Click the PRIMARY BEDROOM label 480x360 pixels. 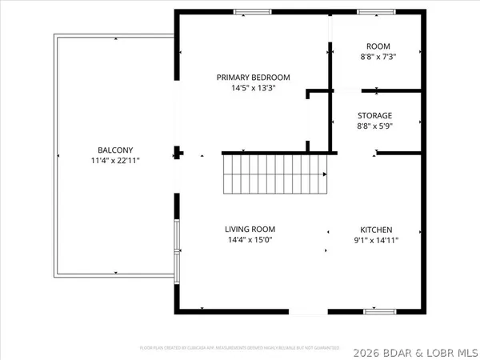point(253,78)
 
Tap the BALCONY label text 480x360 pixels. point(110,150)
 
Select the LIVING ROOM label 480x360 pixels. point(255,229)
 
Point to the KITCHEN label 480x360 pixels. point(375,229)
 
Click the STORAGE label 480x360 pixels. point(374,115)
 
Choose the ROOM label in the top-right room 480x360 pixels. point(378,46)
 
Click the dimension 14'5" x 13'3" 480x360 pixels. point(253,89)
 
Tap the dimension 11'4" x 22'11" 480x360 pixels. point(110,161)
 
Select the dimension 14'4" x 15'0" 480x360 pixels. point(255,240)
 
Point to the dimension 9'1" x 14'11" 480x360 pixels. point(375,240)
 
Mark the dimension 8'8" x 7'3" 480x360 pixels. point(378,58)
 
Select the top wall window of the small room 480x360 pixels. point(370,12)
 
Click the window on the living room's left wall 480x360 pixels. point(177,249)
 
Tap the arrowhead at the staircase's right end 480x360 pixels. point(325,175)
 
